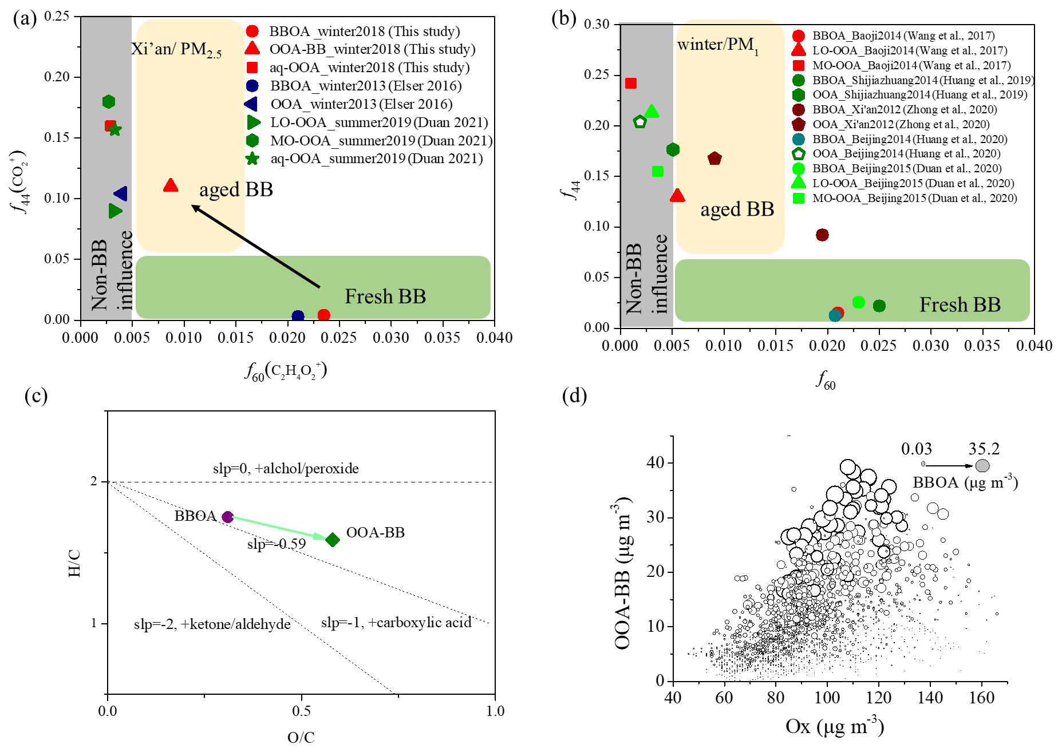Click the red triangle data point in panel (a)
click(171, 185)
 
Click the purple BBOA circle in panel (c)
click(227, 517)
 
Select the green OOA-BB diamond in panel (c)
click(333, 540)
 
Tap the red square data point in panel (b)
click(631, 84)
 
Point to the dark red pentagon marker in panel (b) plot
click(714, 159)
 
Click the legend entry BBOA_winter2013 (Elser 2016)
click(366, 86)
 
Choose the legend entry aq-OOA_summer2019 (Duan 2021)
click(376, 159)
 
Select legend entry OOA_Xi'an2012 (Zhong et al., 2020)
click(901, 124)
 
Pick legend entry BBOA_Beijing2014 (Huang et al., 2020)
click(909, 139)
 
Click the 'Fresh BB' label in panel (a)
click(385, 296)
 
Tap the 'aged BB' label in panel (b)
click(737, 209)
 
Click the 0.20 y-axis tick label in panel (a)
click(57, 77)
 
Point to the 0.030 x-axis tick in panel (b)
click(931, 346)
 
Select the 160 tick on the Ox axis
click(982, 698)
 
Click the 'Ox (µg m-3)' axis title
click(835, 726)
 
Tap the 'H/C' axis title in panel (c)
click(74, 563)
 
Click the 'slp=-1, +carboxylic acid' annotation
click(396, 623)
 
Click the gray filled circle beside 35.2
click(982, 466)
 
